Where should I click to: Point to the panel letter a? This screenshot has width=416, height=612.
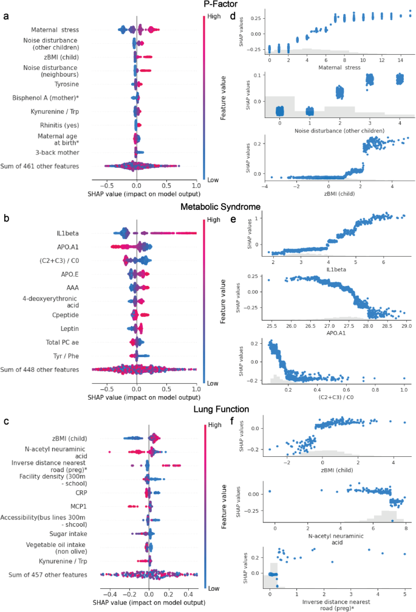tap(6, 16)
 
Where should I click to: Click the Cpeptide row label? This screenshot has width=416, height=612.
tap(78, 315)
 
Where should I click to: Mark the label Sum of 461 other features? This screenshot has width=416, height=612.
tap(55, 165)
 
